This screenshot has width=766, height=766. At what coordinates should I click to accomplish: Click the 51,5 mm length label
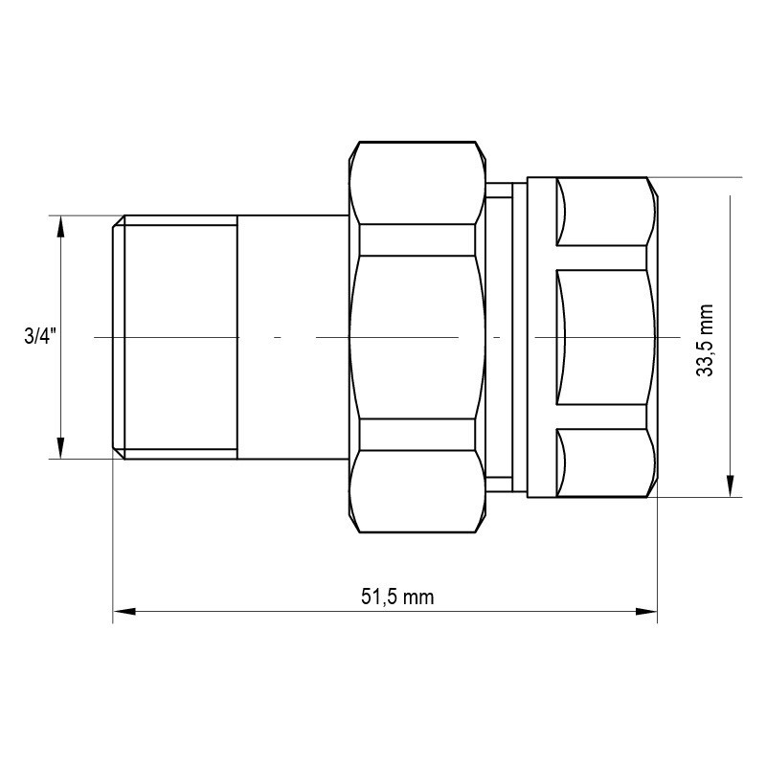pos(397,597)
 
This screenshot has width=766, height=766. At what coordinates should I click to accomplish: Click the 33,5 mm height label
pos(706,341)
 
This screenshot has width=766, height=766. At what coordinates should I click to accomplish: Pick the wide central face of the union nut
pos(417,337)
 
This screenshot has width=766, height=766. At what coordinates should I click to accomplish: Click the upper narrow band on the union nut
pos(417,240)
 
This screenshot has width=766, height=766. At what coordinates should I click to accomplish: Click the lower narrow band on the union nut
pos(417,434)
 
